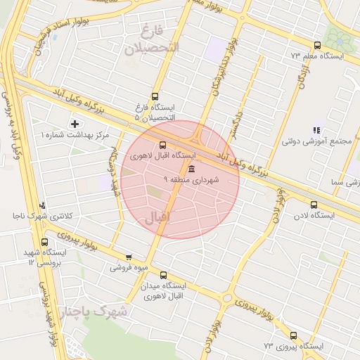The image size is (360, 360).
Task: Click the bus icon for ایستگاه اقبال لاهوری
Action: pos(163,145)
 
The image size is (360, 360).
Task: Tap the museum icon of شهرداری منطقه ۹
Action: pos(191,168)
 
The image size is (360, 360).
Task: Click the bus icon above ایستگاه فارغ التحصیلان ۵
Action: pos(155,97)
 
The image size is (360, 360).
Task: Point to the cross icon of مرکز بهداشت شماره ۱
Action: pos(75,124)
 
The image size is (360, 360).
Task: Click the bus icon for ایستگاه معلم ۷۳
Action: pos(317,45)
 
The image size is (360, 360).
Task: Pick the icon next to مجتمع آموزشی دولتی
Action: pos(316,130)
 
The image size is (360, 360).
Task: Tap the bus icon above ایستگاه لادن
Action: pos(314,205)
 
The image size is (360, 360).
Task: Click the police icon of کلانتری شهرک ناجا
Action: pos(43,206)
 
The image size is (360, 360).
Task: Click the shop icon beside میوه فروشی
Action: pos(128,257)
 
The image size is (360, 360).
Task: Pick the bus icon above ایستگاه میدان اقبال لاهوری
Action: pos(164,276)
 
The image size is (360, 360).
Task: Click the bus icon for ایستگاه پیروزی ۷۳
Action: pos(293,336)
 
